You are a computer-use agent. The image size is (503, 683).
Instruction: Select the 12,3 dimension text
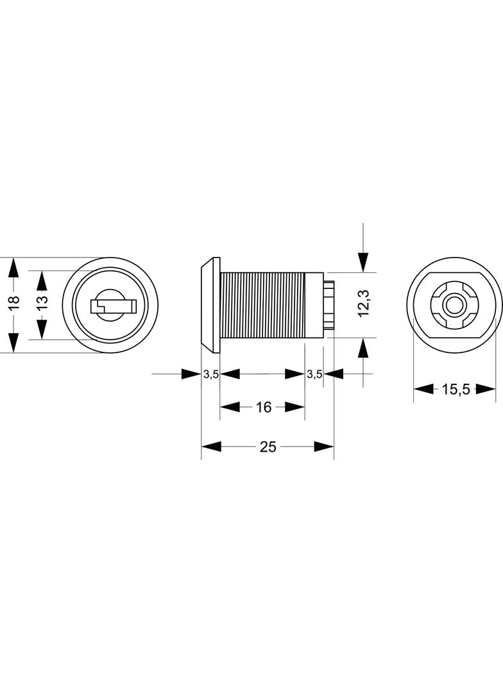363,304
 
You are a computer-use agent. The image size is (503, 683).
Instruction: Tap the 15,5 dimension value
456,390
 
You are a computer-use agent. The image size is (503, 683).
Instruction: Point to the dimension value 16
264,407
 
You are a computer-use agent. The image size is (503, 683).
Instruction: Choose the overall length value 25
268,447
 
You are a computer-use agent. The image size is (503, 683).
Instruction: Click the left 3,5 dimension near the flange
210,374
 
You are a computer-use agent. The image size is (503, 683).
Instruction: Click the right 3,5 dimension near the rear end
314,374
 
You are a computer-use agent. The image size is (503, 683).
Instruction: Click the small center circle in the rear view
452,306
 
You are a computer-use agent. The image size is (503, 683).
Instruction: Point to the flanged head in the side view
210,305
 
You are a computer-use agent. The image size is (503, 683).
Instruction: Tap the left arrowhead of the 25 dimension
211,447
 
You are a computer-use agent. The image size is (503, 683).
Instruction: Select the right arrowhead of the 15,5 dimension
486,389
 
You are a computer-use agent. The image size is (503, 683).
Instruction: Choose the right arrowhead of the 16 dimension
294,407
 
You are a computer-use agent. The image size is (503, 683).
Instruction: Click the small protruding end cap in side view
329,305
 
